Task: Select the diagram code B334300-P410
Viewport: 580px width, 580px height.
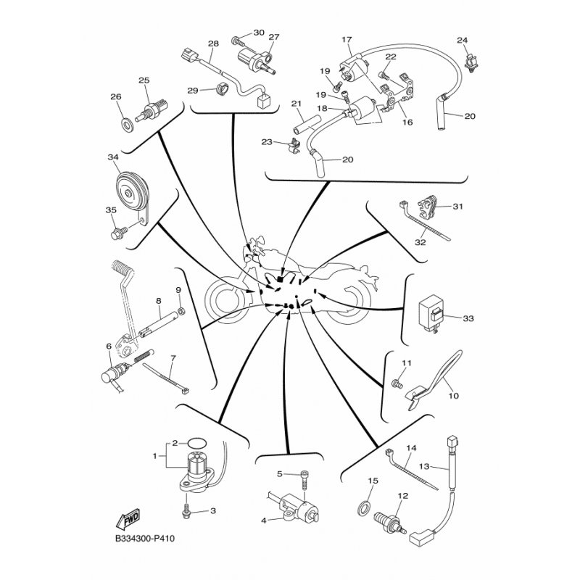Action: pyautogui.click(x=144, y=538)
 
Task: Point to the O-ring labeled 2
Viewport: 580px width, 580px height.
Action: pyautogui.click(x=196, y=442)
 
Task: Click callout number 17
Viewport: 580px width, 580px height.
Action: pyautogui.click(x=347, y=39)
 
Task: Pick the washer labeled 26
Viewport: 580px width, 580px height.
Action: pyautogui.click(x=128, y=124)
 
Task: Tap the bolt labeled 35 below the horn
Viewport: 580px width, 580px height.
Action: pyautogui.click(x=119, y=232)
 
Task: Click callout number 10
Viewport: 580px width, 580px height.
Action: pyautogui.click(x=454, y=396)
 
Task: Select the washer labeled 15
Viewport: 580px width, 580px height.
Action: pyautogui.click(x=365, y=506)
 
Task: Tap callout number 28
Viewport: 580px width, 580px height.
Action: pyautogui.click(x=213, y=43)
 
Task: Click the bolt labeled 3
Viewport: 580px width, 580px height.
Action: pyautogui.click(x=186, y=510)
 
